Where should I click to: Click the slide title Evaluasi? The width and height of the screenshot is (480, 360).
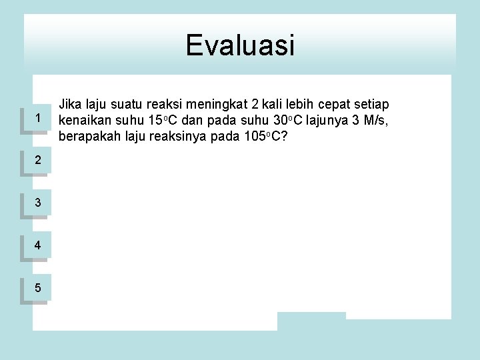(x=240, y=45)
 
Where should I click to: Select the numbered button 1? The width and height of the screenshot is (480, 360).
(x=38, y=119)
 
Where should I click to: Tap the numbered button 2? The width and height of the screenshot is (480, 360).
(x=38, y=160)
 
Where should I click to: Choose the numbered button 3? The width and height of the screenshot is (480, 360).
(x=38, y=203)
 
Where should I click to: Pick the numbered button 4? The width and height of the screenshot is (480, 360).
(x=38, y=245)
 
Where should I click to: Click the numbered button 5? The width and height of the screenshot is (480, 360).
(x=38, y=288)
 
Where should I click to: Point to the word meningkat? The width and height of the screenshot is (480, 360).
(x=217, y=105)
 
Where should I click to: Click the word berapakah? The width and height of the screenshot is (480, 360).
(x=89, y=137)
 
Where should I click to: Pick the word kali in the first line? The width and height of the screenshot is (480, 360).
(x=272, y=105)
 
